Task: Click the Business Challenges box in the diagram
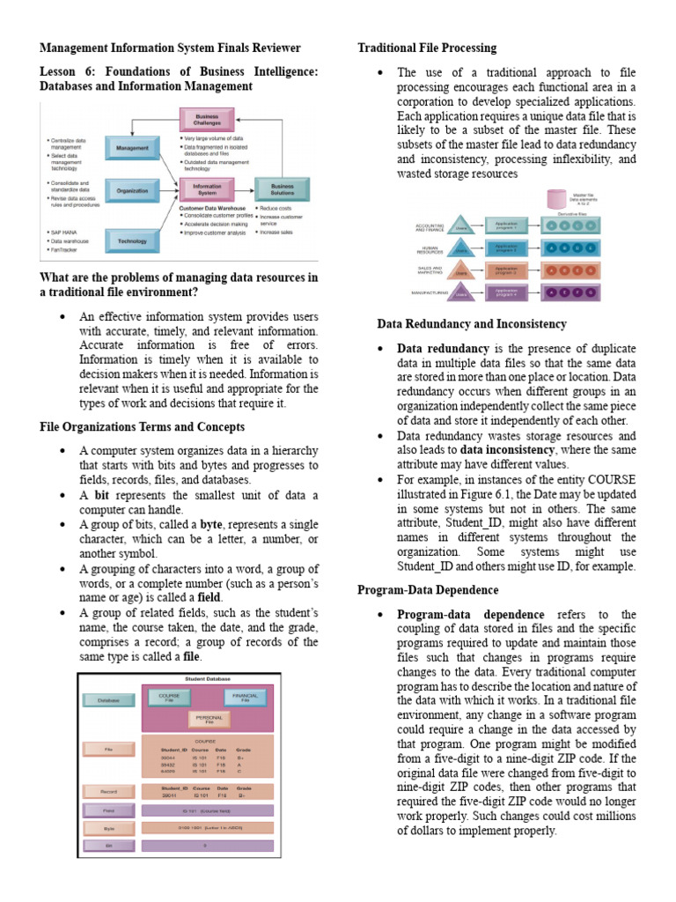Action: coord(207,120)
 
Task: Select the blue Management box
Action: coord(132,149)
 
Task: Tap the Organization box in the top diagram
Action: coord(132,189)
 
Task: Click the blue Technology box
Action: coord(132,239)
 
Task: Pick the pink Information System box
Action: coord(207,189)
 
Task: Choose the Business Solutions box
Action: coord(283,189)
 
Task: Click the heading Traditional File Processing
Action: coord(426,48)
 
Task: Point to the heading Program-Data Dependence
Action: coord(427,589)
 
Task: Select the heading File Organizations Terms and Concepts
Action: coord(143,426)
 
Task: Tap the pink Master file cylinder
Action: coord(556,200)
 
